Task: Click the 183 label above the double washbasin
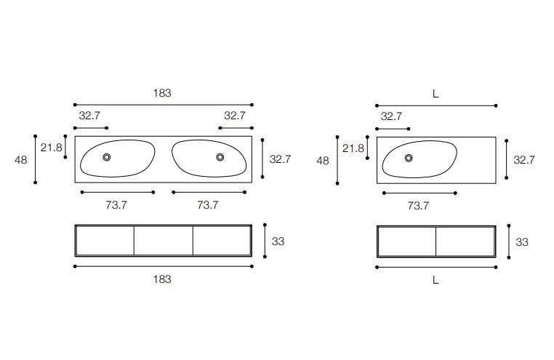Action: tap(162, 93)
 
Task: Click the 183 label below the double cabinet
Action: tap(162, 279)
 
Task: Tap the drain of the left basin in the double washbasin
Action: tap(106, 157)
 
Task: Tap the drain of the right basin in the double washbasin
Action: tap(220, 157)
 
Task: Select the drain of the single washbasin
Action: tap(409, 158)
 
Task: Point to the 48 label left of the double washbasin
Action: tap(21, 160)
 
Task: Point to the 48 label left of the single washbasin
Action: tap(323, 161)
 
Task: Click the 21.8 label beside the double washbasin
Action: tap(51, 148)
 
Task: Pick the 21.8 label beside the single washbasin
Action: tap(353, 148)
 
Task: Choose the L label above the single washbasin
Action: tap(435, 94)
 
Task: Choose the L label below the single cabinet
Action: tap(435, 280)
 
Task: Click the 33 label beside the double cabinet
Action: tap(278, 241)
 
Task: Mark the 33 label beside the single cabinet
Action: tap(522, 242)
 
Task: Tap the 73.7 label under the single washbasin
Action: tap(418, 206)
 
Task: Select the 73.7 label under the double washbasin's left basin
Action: tap(116, 205)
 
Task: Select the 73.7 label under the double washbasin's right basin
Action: tap(208, 205)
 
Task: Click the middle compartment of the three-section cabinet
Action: tap(164, 241)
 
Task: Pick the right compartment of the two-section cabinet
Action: tap(465, 241)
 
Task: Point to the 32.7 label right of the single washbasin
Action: tap(524, 160)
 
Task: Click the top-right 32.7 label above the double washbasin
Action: tap(235, 116)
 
